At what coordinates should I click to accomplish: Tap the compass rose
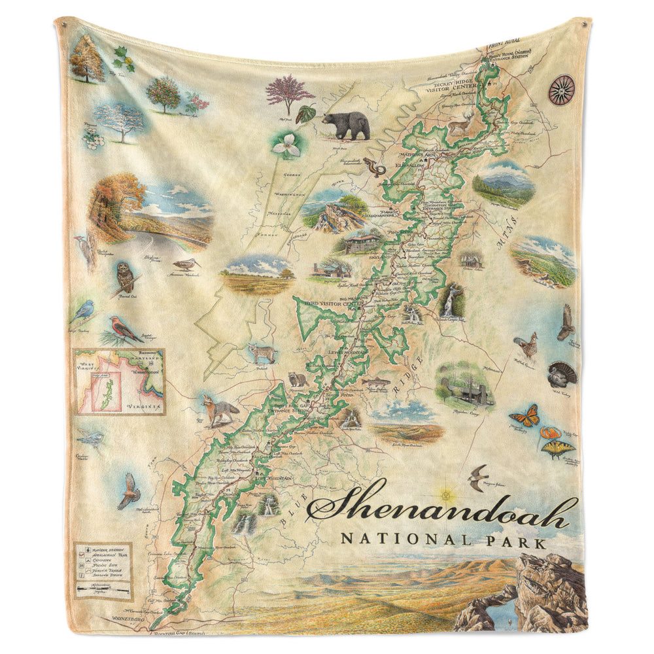tap(561, 90)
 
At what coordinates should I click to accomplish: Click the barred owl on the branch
tap(124, 278)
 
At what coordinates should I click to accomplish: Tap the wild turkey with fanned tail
tap(562, 373)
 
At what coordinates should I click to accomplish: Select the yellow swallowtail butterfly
tap(558, 449)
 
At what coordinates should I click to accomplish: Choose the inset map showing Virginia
tap(118, 381)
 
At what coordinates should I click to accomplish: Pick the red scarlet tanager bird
tap(124, 329)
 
